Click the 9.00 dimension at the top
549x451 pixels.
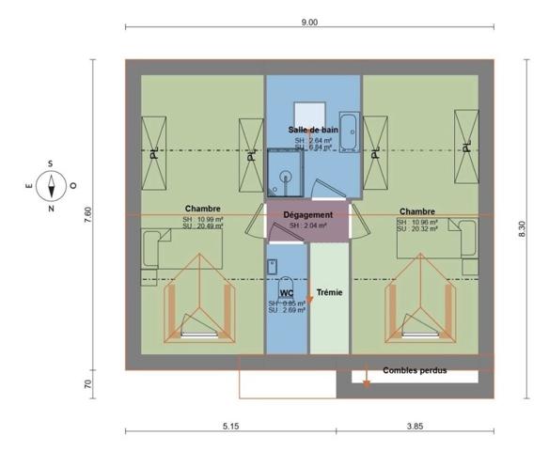[x=309, y=21]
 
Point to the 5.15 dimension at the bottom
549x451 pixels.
[x=229, y=426]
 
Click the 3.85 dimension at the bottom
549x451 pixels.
[x=415, y=426]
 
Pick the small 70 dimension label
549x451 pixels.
[x=88, y=383]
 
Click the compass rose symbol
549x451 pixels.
[x=50, y=184]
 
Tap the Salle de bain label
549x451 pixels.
[x=313, y=130]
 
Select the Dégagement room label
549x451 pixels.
[x=308, y=215]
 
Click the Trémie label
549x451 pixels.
[x=328, y=292]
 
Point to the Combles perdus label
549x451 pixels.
[x=415, y=370]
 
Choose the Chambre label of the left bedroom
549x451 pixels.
[x=203, y=209]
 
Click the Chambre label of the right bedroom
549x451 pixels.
[x=416, y=211]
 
